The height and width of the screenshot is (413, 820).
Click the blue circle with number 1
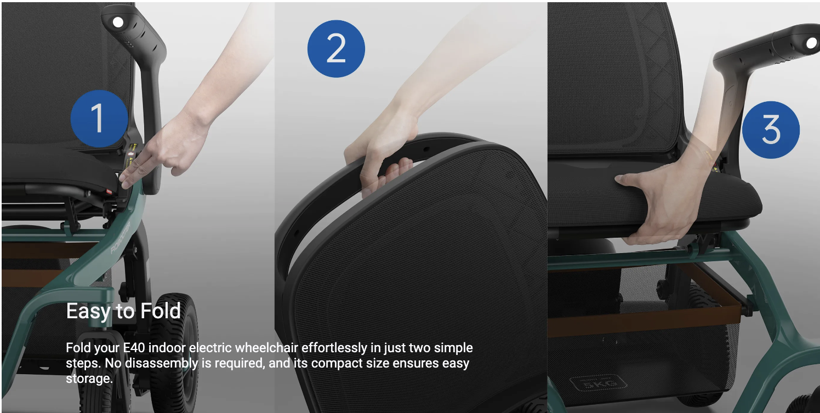(99, 118)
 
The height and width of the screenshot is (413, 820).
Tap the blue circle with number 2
(336, 49)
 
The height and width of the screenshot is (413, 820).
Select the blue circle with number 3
(771, 130)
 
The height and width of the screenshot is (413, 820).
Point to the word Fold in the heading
(161, 311)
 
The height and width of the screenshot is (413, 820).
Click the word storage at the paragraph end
(88, 379)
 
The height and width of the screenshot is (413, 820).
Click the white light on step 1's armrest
(118, 22)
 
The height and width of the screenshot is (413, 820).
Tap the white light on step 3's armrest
(812, 43)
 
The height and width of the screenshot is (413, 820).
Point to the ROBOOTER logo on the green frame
(121, 237)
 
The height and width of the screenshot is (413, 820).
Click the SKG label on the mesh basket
(599, 383)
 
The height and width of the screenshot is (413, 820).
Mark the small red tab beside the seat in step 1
(109, 191)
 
